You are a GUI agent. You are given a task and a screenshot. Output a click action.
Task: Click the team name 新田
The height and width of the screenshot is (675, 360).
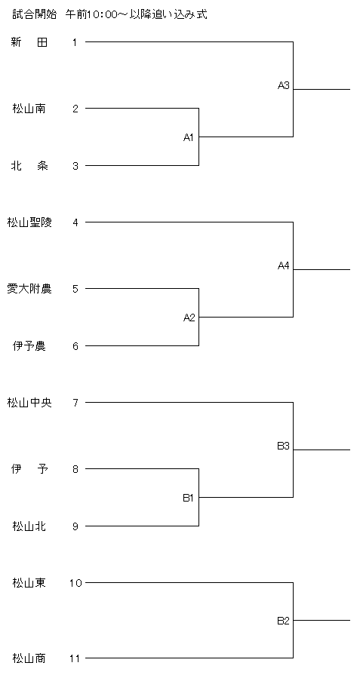[29, 42]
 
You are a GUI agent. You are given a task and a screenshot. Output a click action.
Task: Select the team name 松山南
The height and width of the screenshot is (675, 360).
[29, 109]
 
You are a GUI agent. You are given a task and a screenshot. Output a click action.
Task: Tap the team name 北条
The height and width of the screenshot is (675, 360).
[29, 166]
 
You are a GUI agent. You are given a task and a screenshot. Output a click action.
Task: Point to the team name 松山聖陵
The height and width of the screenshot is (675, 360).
[29, 222]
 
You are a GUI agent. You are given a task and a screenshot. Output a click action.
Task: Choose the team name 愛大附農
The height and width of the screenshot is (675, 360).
[29, 289]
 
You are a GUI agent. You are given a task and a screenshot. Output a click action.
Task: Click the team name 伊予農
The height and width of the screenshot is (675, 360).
[29, 346]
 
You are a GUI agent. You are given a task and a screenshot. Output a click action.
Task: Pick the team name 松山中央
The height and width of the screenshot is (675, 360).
[29, 403]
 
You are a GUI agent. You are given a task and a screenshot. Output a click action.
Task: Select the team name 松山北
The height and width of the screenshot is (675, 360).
[29, 526]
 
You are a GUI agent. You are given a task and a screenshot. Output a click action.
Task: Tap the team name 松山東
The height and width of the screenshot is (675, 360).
[29, 583]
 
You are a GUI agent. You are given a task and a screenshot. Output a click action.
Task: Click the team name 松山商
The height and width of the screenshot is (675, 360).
[29, 658]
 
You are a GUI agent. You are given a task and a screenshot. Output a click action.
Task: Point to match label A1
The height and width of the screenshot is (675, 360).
[189, 137]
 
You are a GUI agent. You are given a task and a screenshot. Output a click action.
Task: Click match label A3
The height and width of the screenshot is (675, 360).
[284, 86]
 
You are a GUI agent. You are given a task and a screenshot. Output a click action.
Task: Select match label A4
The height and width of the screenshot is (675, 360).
[284, 266]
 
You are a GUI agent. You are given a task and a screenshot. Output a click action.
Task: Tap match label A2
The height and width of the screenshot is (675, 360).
[189, 318]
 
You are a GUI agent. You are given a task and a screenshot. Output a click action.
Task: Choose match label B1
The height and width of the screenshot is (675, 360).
[189, 498]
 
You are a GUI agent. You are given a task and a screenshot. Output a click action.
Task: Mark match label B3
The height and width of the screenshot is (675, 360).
[284, 446]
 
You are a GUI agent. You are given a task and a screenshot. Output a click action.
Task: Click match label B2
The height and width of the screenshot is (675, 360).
[284, 621]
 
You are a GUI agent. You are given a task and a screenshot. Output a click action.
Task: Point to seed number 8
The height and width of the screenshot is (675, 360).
[75, 469]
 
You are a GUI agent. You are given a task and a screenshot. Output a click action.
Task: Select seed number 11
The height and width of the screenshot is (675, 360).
[75, 658]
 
